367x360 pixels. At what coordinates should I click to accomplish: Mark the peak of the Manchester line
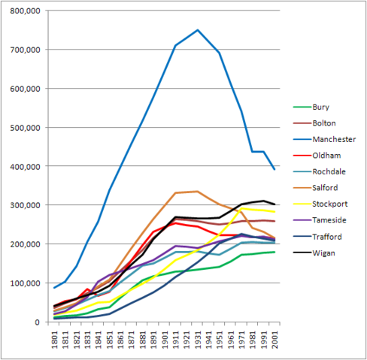click(x=198, y=30)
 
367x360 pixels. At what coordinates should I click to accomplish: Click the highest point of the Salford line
click(x=198, y=191)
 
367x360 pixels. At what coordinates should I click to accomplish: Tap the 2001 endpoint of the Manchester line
click(x=274, y=170)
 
